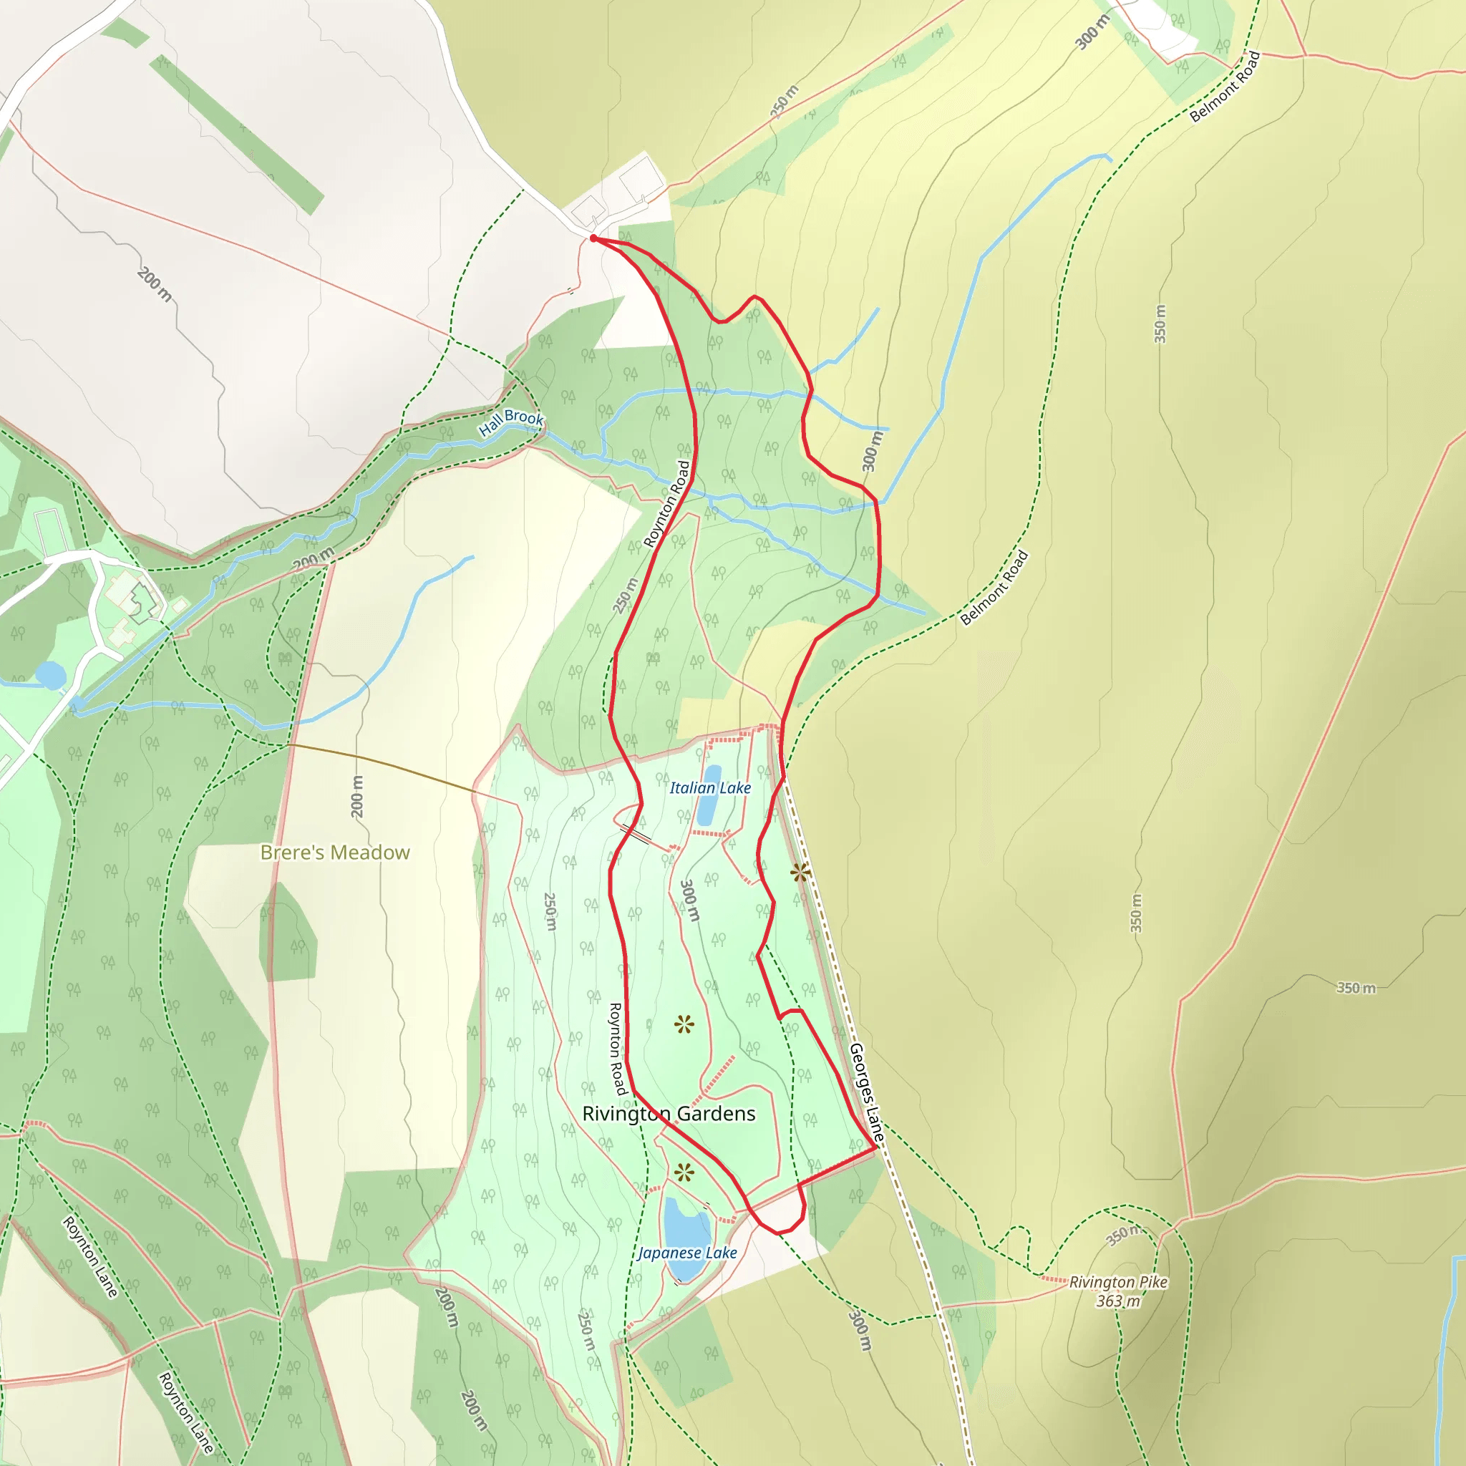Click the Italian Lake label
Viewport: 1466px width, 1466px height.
(709, 788)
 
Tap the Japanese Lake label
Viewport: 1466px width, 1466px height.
(687, 1253)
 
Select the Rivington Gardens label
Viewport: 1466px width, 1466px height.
(669, 1114)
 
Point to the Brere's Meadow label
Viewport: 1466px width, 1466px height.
(334, 852)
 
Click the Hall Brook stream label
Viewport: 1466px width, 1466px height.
(511, 422)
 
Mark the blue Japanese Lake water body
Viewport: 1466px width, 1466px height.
(686, 1225)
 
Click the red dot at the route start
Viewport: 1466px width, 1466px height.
(593, 238)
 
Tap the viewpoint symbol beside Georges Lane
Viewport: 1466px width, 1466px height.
(800, 873)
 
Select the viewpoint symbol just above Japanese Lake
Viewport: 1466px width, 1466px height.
(684, 1173)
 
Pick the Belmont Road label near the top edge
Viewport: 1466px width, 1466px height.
(1225, 87)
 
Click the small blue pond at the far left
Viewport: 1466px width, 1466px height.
(51, 674)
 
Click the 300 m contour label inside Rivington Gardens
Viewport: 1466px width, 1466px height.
(689, 901)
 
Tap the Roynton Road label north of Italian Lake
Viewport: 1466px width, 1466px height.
(668, 504)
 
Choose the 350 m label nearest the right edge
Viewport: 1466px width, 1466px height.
(1356, 988)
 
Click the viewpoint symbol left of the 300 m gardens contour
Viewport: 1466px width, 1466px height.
(684, 1026)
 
